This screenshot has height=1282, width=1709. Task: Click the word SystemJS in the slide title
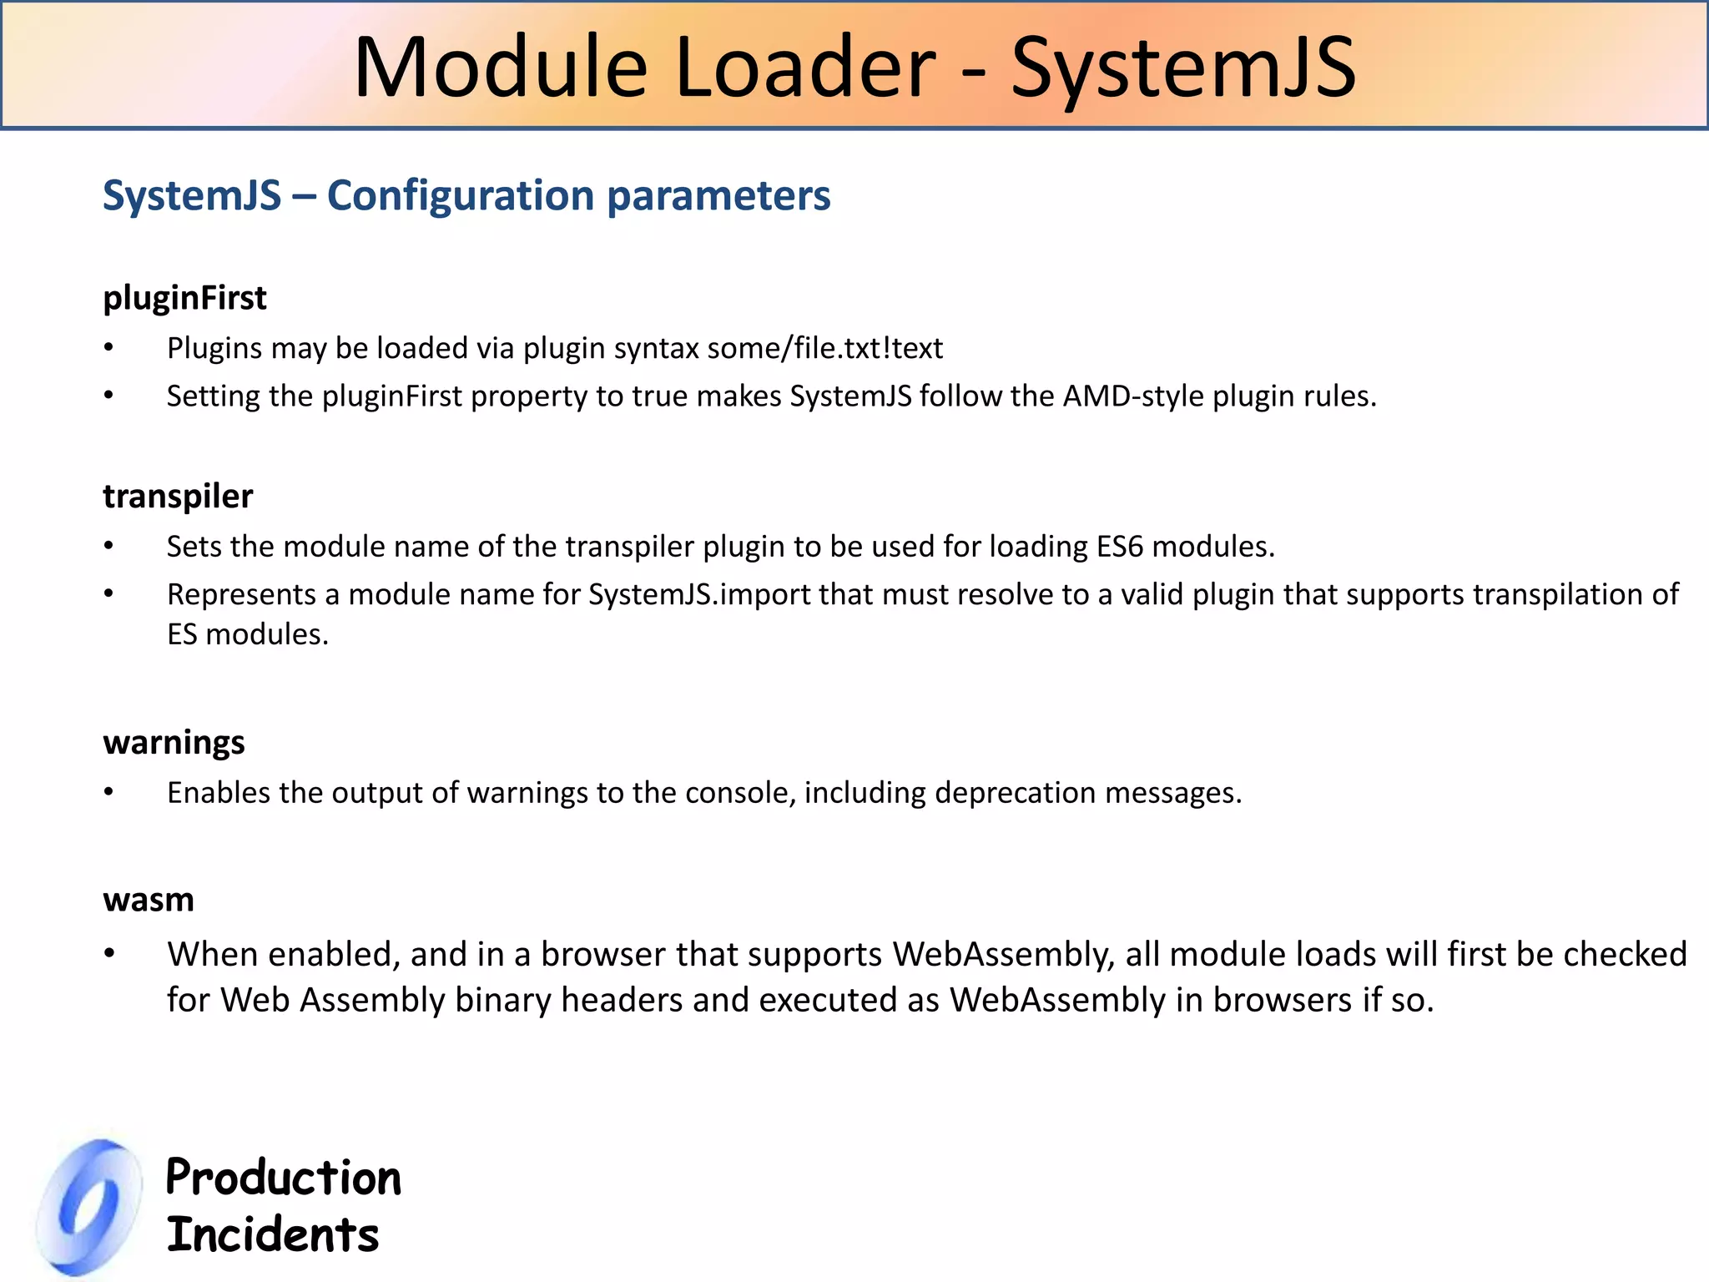[x=1183, y=68]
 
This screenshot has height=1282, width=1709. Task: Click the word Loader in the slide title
[x=805, y=68]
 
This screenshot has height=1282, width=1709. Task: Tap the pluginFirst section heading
[x=184, y=298]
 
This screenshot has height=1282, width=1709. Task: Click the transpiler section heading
[x=178, y=497]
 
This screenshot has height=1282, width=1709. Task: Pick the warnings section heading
[x=174, y=742]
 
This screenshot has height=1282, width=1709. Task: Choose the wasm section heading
[x=149, y=900]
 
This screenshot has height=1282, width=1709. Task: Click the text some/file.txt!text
[x=824, y=348]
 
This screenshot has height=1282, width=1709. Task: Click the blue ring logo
[x=89, y=1207]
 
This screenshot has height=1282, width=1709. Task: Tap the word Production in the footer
[x=284, y=1178]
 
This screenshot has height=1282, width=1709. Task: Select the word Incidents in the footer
[x=273, y=1235]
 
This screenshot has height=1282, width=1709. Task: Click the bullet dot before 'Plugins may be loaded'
[x=108, y=348]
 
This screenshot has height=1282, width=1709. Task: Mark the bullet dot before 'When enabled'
[x=108, y=954]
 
